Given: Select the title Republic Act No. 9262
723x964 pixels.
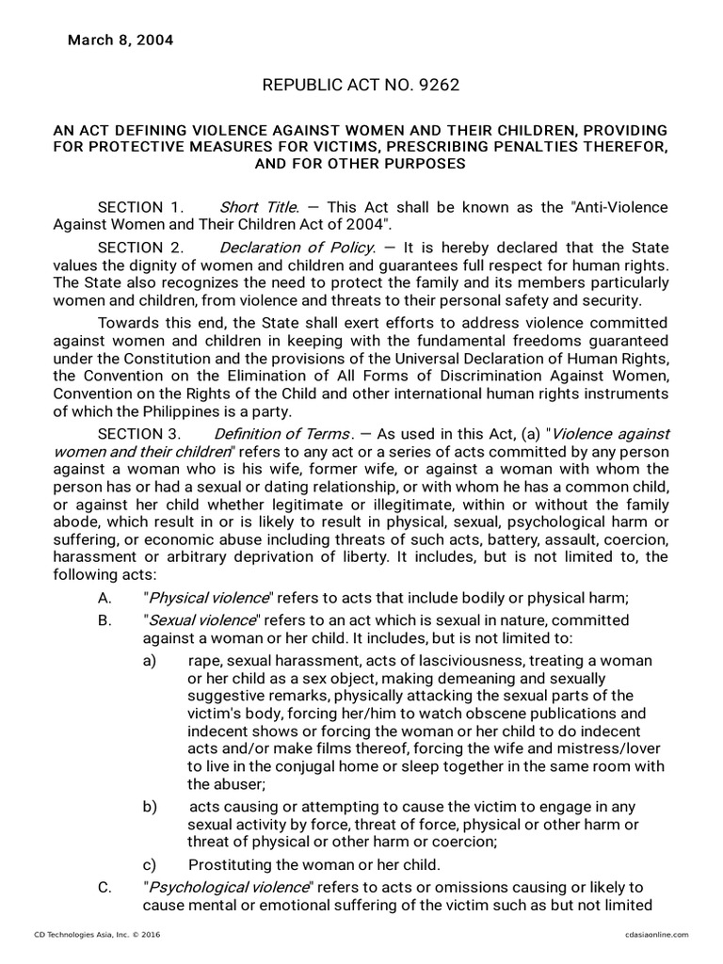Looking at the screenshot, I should [x=361, y=87].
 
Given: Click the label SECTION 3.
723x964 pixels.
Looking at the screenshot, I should [x=138, y=434].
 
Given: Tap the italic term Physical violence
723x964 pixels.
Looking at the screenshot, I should [x=206, y=598].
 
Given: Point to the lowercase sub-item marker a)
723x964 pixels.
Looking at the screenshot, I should [x=150, y=662].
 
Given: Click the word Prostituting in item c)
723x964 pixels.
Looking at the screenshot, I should [x=230, y=864].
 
